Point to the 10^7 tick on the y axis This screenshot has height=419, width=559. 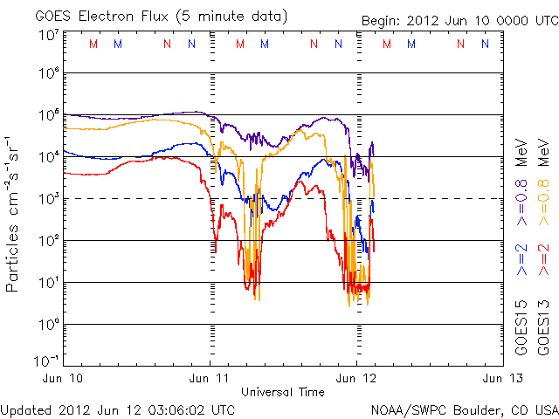click(x=49, y=35)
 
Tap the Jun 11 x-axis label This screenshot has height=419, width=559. click(x=210, y=378)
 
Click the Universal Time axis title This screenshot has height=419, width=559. click(x=283, y=392)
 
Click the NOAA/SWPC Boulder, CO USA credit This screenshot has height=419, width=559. click(x=464, y=409)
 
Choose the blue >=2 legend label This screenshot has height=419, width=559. click(x=522, y=260)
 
